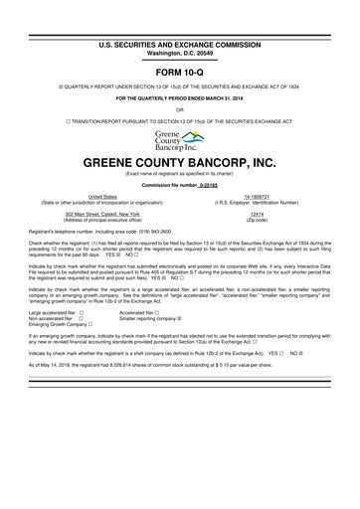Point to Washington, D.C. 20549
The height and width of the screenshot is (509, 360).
[x=179, y=27]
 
